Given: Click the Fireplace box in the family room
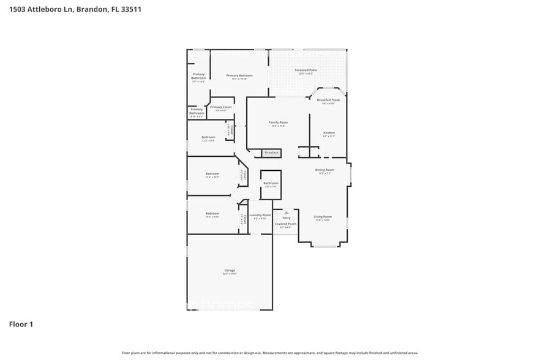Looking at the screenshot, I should point(271,152).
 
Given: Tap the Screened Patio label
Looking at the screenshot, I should point(306,70).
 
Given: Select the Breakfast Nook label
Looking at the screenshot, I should point(329,100).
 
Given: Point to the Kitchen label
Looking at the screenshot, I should point(329,133).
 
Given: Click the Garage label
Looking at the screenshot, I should point(230,270).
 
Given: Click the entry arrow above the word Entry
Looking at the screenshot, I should point(286,212).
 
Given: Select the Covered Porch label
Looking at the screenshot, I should point(285,224).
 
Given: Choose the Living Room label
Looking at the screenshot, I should point(323,217).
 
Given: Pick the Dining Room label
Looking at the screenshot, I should point(324,170).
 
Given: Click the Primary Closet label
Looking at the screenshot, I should point(221,107).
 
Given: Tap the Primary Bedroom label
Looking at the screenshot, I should point(239,75).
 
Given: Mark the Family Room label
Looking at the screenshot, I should point(278,122).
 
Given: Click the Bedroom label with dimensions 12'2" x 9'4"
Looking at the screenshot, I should point(209,137).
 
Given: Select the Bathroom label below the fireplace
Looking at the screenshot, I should point(271,183).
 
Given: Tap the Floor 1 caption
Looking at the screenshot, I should point(21,324).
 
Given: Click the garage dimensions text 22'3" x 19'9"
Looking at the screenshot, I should point(230,274).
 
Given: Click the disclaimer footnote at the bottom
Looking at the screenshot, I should point(269,353).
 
